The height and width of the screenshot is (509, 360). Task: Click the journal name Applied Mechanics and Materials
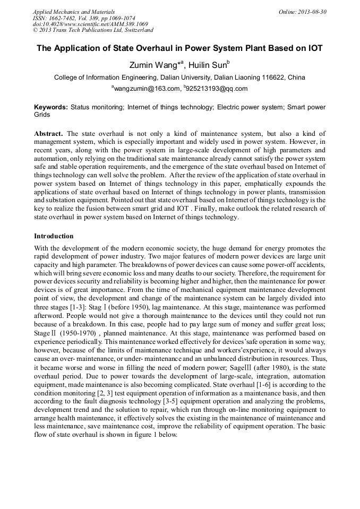[74, 12]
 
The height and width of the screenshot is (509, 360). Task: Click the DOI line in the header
[90, 24]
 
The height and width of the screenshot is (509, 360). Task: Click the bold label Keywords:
[51, 107]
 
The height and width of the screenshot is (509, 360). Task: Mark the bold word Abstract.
[49, 134]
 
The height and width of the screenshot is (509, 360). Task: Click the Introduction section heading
[54, 236]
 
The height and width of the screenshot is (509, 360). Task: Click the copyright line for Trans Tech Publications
[93, 30]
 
